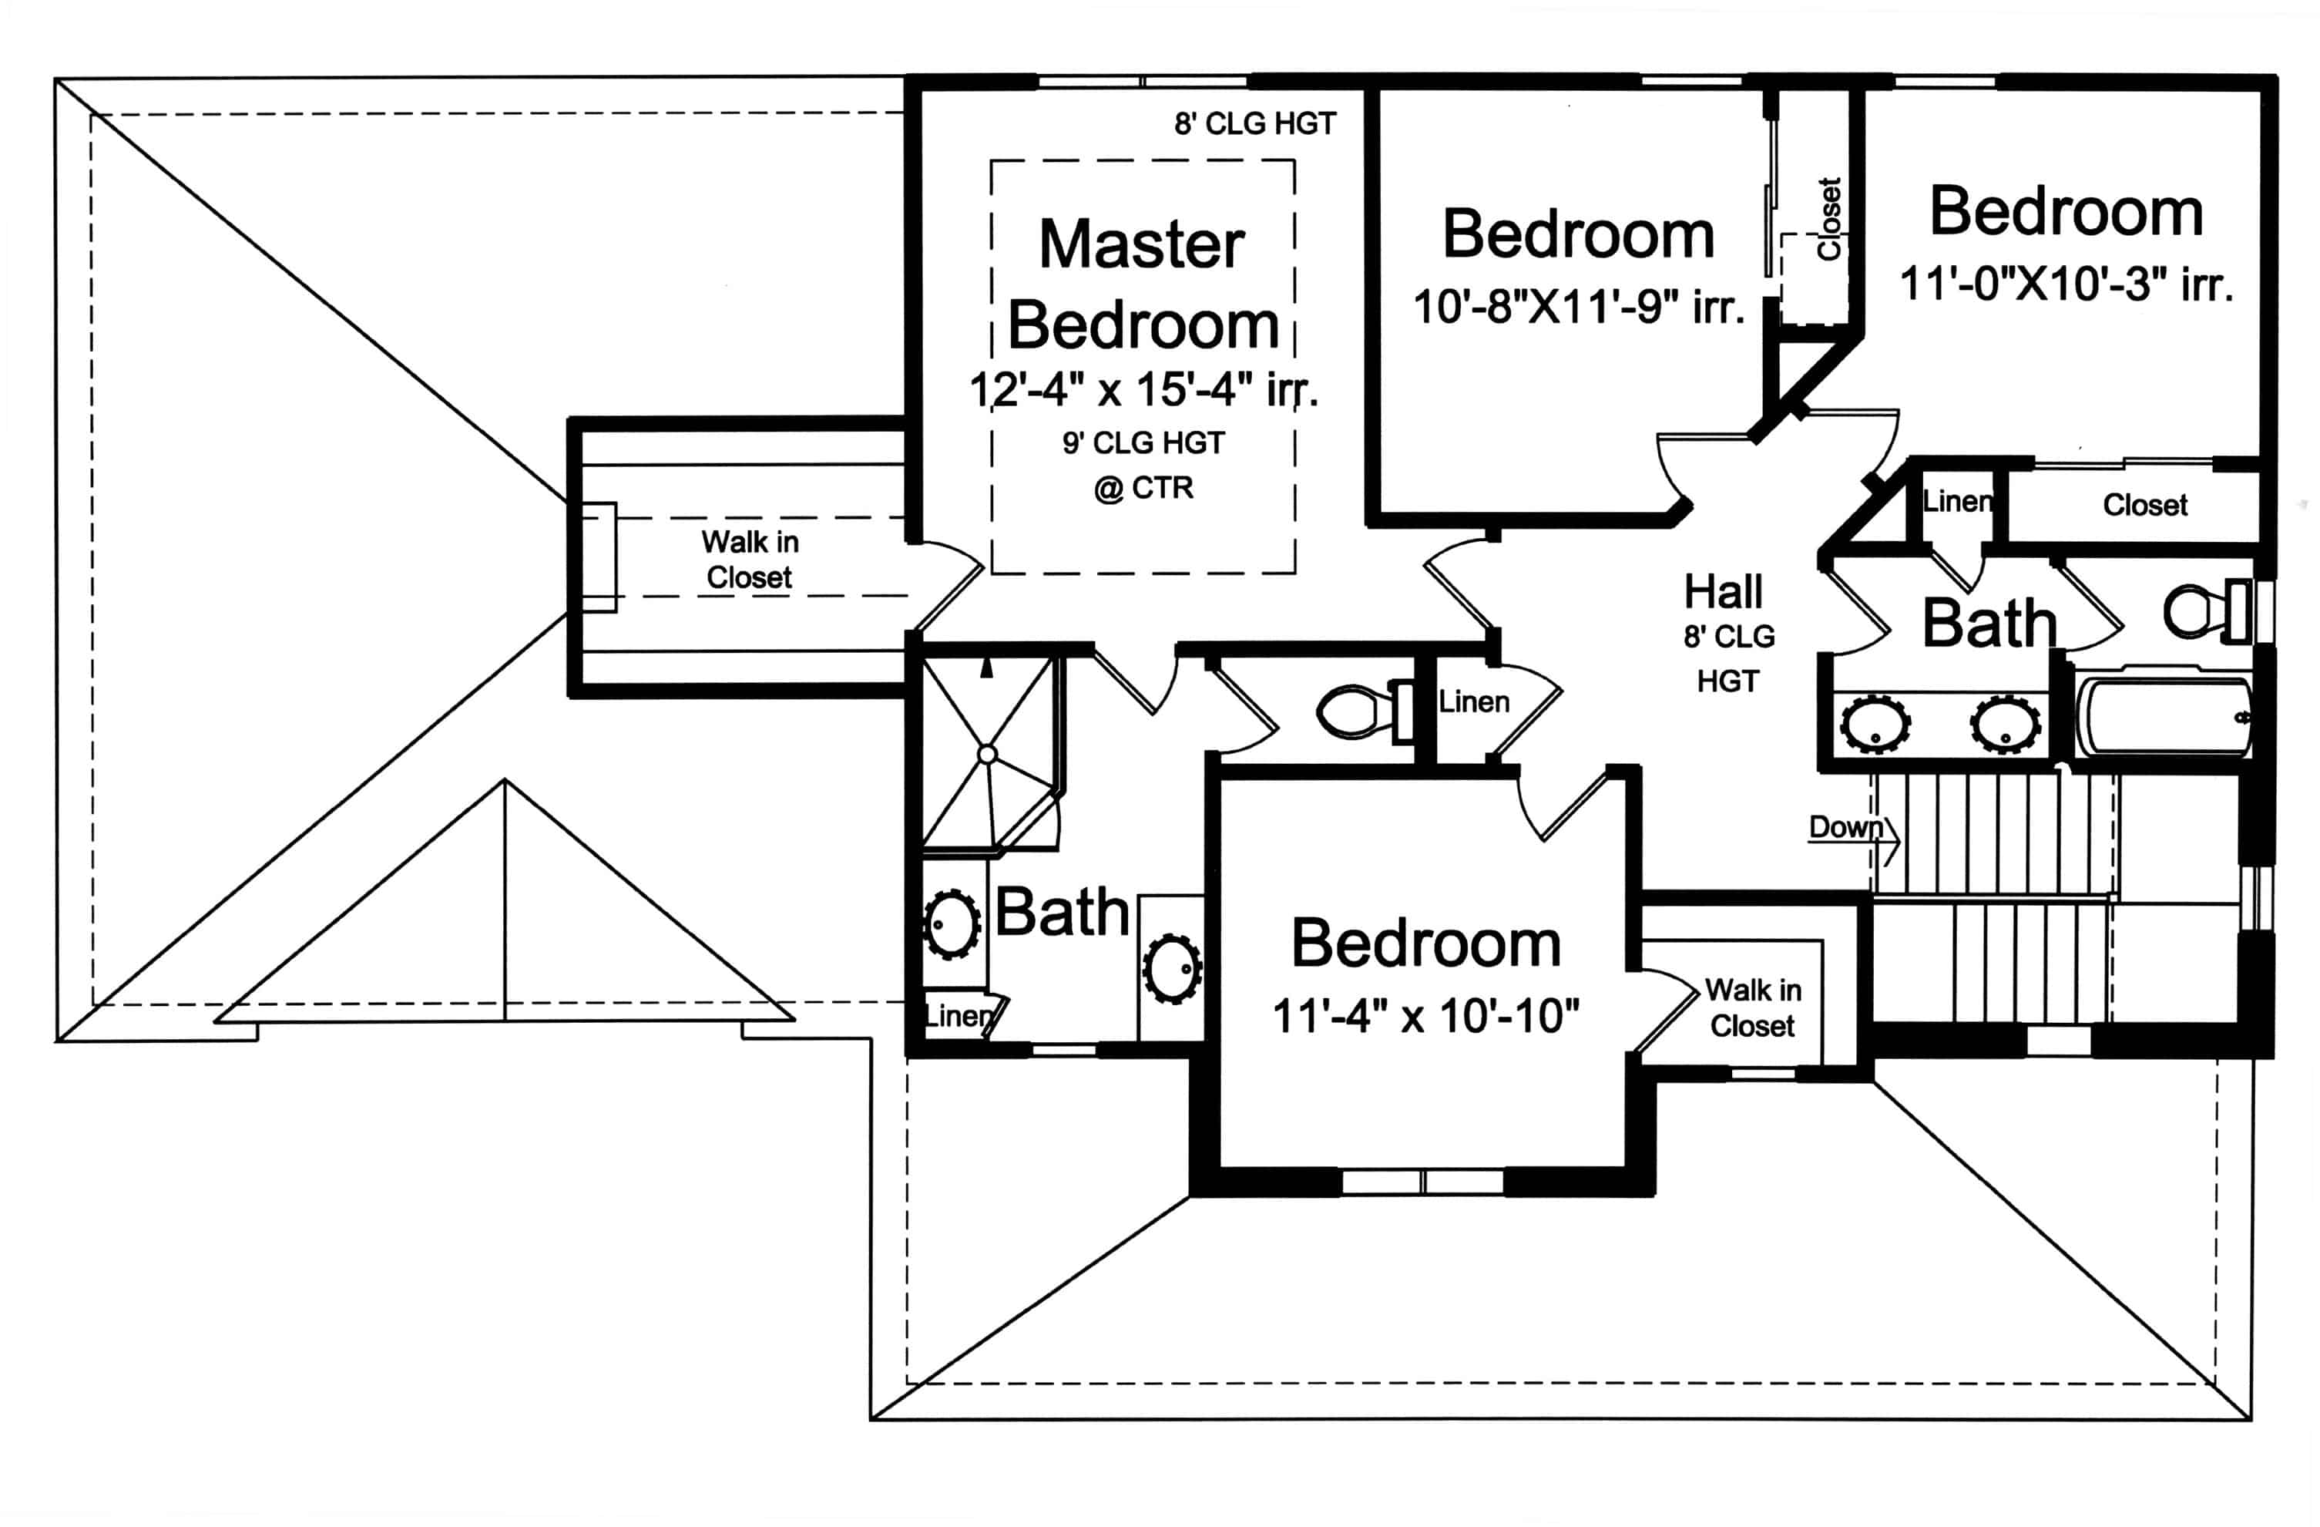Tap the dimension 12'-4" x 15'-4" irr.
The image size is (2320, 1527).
1143,389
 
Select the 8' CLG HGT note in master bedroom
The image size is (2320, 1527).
1254,124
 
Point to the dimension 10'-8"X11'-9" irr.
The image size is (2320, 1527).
1578,307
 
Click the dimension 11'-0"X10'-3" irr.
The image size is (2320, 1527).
2066,284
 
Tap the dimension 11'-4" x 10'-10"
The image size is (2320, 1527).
1425,1016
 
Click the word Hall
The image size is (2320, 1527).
1724,591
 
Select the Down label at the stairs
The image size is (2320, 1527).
1845,827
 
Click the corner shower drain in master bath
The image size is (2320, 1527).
986,754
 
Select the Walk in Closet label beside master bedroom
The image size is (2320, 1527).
750,560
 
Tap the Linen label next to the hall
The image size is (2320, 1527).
1473,701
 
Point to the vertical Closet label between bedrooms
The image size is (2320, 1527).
1828,218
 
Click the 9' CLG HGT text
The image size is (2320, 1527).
1143,442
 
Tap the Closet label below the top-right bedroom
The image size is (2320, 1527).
2144,505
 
